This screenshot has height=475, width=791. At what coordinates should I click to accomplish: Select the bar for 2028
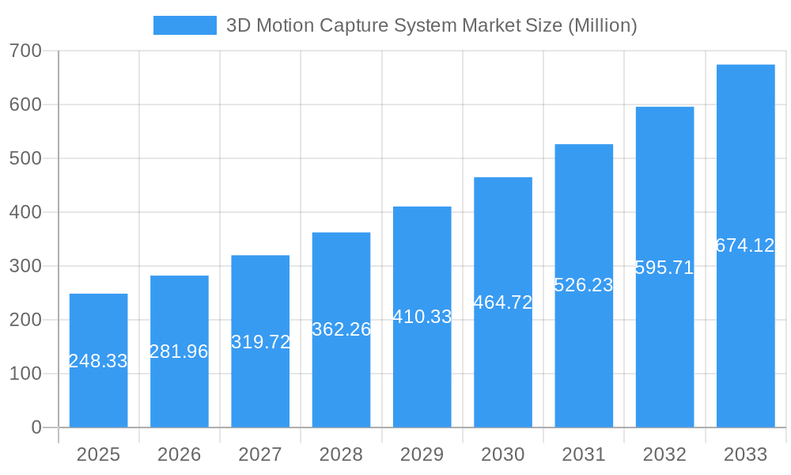[x=341, y=372]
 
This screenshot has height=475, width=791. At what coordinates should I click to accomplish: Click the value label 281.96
[x=179, y=351]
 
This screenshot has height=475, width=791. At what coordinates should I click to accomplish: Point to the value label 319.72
[x=260, y=342]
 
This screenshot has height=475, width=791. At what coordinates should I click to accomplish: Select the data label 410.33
[x=422, y=317]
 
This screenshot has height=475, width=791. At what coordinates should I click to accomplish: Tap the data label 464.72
[x=503, y=302]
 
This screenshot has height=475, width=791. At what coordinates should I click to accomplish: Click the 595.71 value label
[x=664, y=268]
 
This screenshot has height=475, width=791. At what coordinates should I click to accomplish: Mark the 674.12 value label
[x=745, y=245]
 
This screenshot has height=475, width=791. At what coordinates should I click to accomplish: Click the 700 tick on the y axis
[x=25, y=51]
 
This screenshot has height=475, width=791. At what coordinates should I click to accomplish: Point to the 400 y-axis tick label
[x=25, y=212]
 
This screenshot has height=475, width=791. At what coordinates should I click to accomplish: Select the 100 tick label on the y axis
[x=25, y=374]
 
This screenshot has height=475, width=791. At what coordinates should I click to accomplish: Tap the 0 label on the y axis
[x=36, y=427]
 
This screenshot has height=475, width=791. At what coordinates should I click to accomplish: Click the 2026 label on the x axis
[x=179, y=454]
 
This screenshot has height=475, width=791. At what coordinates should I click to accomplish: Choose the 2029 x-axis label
[x=422, y=454]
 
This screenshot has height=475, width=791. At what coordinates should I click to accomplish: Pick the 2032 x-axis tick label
[x=664, y=454]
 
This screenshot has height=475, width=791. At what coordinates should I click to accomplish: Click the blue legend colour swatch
[x=184, y=25]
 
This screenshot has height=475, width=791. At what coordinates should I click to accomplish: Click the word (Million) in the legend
[x=602, y=25]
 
